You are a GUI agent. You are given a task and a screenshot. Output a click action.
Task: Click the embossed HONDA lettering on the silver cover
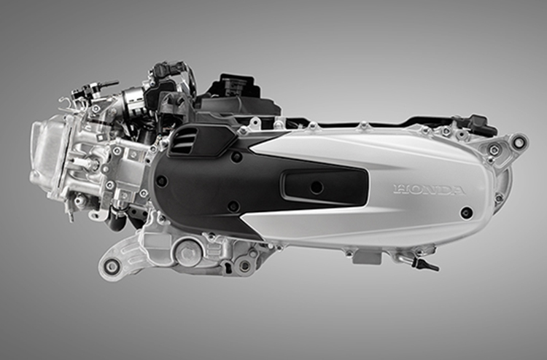428,190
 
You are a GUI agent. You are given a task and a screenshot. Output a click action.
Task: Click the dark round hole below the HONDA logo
466,212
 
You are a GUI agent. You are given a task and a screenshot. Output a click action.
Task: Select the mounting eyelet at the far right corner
519,142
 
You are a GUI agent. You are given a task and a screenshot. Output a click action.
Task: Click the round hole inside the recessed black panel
316,187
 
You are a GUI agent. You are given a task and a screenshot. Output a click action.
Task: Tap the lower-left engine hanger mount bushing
112,265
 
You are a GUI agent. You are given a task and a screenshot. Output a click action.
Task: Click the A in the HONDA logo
456,191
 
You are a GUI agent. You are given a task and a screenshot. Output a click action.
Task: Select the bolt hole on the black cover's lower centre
234,206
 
